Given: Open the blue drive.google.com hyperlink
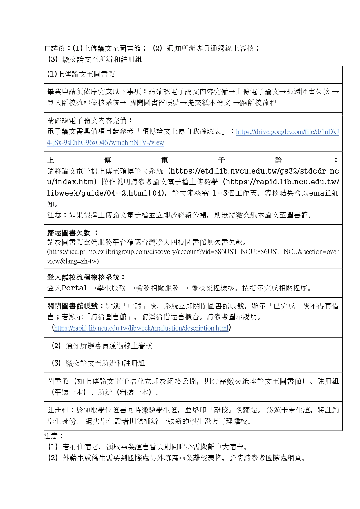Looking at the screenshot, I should (287, 132).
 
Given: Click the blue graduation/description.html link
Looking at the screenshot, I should (141, 328).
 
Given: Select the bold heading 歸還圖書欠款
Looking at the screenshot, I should (69, 233).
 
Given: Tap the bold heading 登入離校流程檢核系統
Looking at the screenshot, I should (83, 277).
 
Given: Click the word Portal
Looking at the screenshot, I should (74, 288).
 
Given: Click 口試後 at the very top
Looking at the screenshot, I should (55, 48).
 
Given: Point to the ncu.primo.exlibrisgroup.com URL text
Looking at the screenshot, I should (193, 252).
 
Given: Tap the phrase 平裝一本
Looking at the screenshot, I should (69, 392).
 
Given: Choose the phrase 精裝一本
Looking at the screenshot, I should (134, 392).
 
